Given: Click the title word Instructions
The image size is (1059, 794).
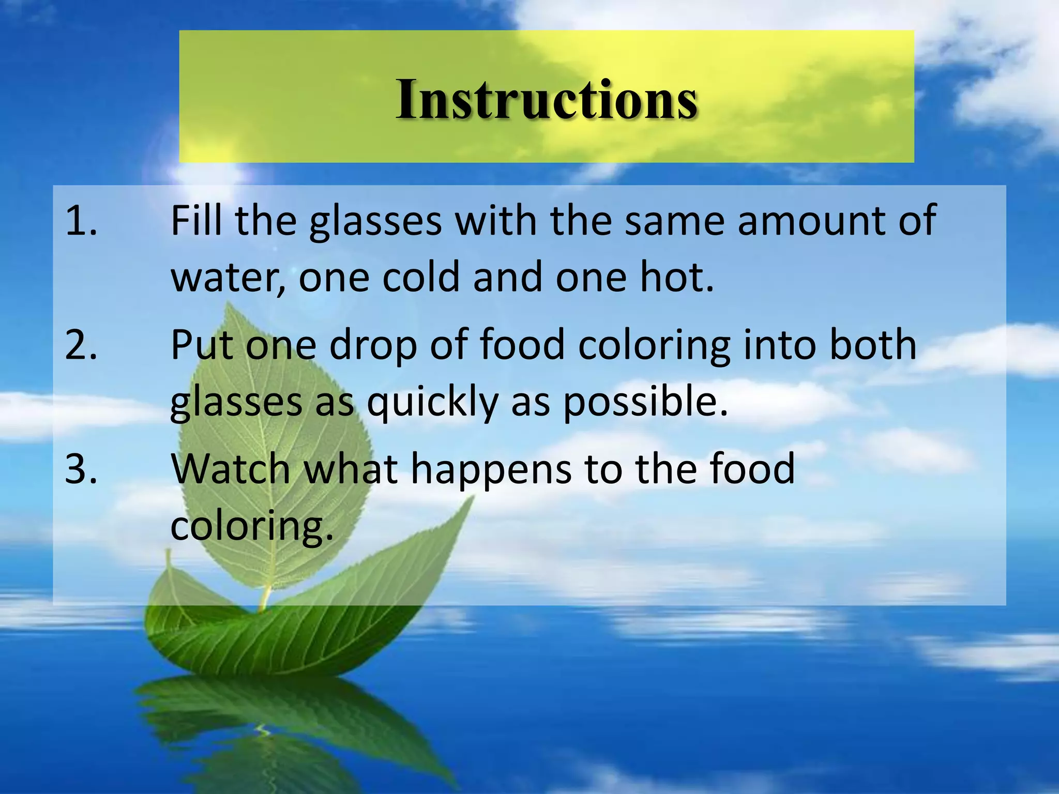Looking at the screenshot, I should [x=547, y=99].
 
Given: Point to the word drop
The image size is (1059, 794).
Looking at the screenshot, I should [x=373, y=345].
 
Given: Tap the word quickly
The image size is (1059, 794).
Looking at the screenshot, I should [x=432, y=402].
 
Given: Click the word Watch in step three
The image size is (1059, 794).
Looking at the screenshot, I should [x=230, y=468].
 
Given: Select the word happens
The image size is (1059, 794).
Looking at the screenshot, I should [x=491, y=469].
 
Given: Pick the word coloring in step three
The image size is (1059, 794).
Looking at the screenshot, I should [x=251, y=526].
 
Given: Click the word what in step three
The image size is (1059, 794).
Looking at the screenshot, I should [x=351, y=468].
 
